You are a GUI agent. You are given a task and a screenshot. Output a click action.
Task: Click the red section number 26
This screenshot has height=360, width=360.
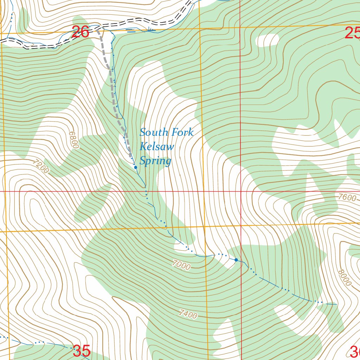80,32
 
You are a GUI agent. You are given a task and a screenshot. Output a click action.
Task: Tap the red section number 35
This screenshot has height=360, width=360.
82,351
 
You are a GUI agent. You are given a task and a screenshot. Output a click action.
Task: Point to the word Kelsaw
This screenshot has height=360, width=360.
157,147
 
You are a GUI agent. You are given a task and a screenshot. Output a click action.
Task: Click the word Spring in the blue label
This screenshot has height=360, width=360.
155,161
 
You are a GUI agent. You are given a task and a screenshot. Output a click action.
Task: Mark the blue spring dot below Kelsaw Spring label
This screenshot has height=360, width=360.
136,168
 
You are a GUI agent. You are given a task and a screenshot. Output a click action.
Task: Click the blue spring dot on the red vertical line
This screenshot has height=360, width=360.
236,260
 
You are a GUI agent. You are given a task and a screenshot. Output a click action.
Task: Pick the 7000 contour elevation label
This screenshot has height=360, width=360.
181,265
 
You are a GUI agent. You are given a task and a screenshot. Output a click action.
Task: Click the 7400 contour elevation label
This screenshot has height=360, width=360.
188,314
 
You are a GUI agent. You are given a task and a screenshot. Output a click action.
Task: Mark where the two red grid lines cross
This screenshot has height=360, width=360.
240,191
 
